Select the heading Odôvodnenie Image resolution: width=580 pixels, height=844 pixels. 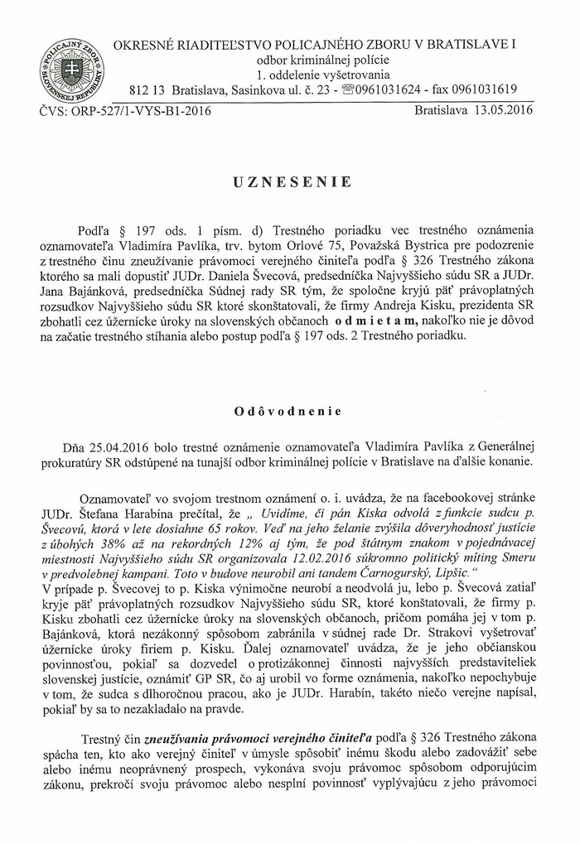pyautogui.click(x=289, y=409)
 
